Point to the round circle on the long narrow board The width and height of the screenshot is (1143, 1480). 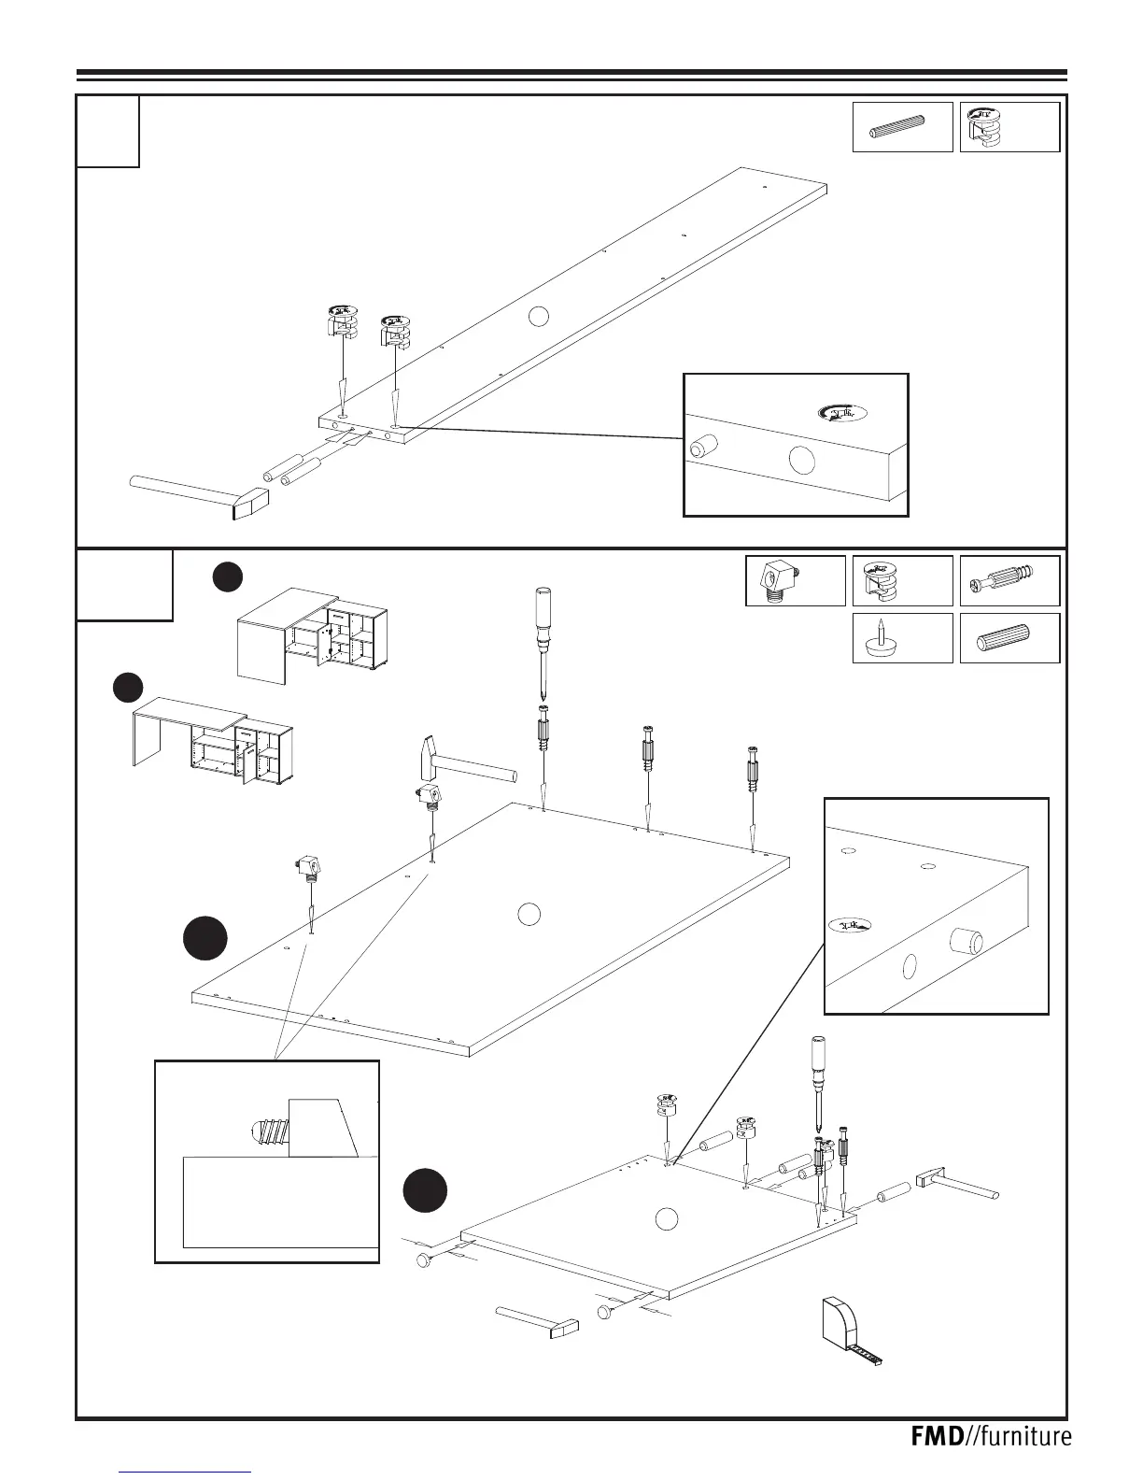(x=537, y=316)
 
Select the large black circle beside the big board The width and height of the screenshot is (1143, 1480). (x=205, y=938)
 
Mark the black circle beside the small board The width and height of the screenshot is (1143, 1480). (x=426, y=1191)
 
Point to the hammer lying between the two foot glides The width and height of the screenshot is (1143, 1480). (x=537, y=1320)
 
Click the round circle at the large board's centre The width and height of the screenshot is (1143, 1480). (x=529, y=913)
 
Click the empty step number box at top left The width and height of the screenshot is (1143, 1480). (x=107, y=131)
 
